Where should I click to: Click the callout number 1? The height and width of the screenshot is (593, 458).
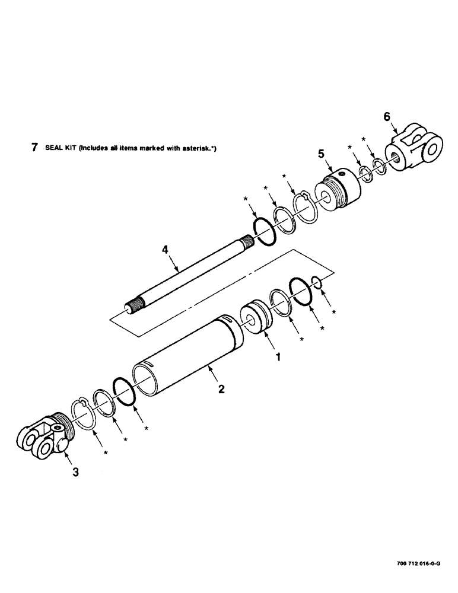[276, 358]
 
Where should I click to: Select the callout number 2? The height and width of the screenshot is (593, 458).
[221, 390]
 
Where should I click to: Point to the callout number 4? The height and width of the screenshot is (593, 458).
[166, 251]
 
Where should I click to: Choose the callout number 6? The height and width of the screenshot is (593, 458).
[386, 117]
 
